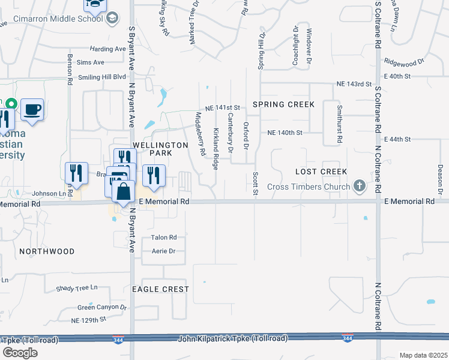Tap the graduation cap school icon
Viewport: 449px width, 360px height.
tap(112, 19)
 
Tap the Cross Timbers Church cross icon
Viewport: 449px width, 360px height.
tap(359, 187)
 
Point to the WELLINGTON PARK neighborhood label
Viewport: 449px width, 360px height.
tap(152, 149)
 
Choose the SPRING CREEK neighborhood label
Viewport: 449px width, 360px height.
tap(283, 104)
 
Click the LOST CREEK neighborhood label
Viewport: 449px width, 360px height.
tap(321, 172)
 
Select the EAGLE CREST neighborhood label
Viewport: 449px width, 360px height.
tap(160, 289)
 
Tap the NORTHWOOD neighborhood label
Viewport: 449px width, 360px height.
tap(46, 251)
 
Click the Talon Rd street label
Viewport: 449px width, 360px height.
tap(164, 238)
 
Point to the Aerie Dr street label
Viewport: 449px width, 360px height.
tap(163, 251)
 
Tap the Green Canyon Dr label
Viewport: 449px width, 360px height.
tap(102, 307)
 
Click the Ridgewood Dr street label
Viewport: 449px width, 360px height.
tap(405, 61)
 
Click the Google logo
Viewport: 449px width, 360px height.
tap(20, 352)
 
